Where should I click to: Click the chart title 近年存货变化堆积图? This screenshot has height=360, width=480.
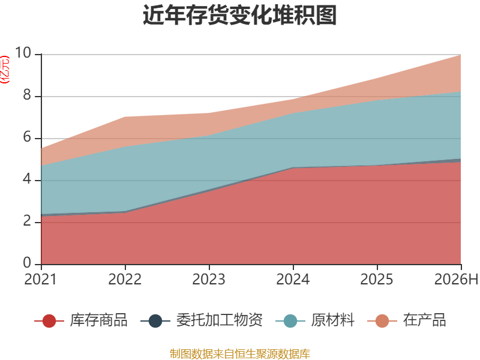pyautogui.click(x=239, y=14)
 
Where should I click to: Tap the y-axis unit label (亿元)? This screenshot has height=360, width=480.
pyautogui.click(x=5, y=70)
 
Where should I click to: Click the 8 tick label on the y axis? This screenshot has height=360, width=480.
pyautogui.click(x=27, y=95)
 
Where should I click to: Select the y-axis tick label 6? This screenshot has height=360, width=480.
pyautogui.click(x=27, y=137)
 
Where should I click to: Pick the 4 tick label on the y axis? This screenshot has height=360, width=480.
pyautogui.click(x=27, y=179)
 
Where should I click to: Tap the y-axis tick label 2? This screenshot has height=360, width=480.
pyautogui.click(x=27, y=221)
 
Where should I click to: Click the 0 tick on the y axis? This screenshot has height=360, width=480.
pyautogui.click(x=27, y=263)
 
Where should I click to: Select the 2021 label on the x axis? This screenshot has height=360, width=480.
pyautogui.click(x=41, y=279)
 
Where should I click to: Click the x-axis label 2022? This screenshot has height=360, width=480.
pyautogui.click(x=125, y=279)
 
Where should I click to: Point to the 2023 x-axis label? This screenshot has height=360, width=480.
pyautogui.click(x=209, y=279)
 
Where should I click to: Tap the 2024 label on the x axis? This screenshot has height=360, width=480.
pyautogui.click(x=293, y=279)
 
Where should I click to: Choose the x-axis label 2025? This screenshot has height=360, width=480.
pyautogui.click(x=377, y=279)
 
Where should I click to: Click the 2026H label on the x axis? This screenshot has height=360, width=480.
pyautogui.click(x=457, y=279)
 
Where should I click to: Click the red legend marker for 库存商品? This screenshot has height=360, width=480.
pyautogui.click(x=49, y=321)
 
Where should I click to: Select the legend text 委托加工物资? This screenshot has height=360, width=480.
pyautogui.click(x=220, y=320)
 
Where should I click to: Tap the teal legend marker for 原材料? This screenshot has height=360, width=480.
pyautogui.click(x=290, y=321)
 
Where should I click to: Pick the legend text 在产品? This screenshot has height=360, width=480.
pyautogui.click(x=425, y=320)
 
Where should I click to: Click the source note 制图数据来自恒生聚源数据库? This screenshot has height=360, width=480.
pyautogui.click(x=239, y=354)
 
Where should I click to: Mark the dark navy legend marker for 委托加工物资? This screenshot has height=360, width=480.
pyautogui.click(x=155, y=321)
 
